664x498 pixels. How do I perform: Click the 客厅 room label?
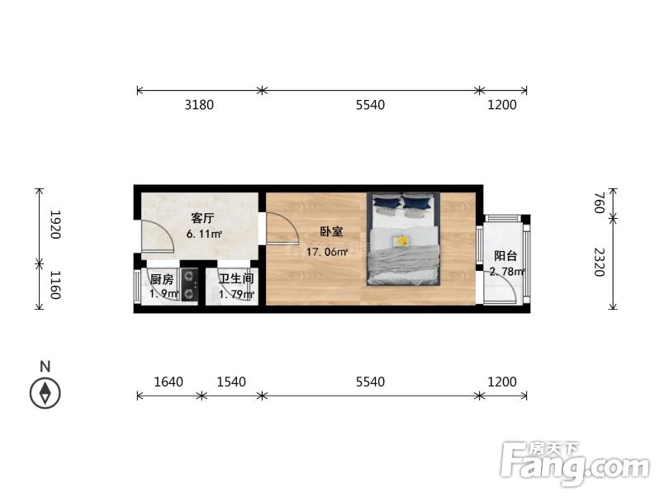point(203,219)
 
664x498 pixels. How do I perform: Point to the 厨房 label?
point(162,279)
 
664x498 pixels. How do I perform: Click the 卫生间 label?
point(235,279)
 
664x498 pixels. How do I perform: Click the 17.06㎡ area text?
point(327,253)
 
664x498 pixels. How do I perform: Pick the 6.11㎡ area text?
point(205,234)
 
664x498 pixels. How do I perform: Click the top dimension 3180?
point(199,105)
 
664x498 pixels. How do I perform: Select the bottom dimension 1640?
point(169,382)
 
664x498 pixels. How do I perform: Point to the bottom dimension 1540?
point(233,382)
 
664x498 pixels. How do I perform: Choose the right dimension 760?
point(600,203)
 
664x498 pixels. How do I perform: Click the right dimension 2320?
point(600,264)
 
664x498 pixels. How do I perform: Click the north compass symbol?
point(45,392)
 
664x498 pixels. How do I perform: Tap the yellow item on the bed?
point(401,241)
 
